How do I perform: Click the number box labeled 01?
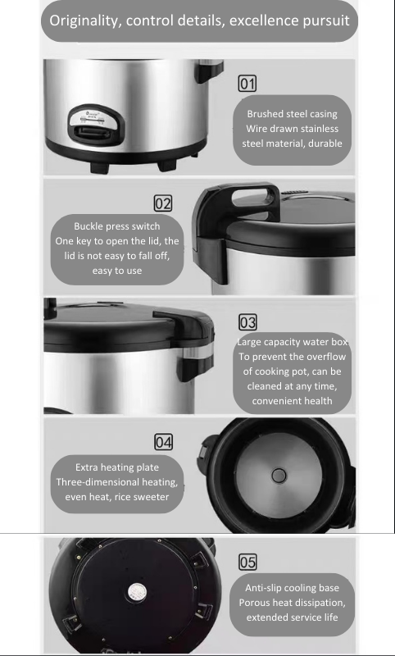pos(247,84)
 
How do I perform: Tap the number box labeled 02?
pos(162,203)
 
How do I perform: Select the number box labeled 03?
pos(247,322)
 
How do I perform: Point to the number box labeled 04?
pos(163,442)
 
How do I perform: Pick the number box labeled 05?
pos(247,562)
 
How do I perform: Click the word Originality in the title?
pos(86,21)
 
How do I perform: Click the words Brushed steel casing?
pos(292,114)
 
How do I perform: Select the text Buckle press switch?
pos(117,226)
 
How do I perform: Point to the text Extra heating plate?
pos(117,467)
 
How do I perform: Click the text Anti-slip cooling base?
pos(292,588)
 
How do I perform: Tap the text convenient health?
pos(292,401)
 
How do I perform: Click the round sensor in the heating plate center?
pos(279,476)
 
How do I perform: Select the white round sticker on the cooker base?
pos(137,592)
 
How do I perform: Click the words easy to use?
pos(117,271)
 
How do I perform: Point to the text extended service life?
pos(292,617)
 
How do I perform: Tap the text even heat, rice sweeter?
pos(117,497)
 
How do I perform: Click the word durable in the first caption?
pos(325,143)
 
